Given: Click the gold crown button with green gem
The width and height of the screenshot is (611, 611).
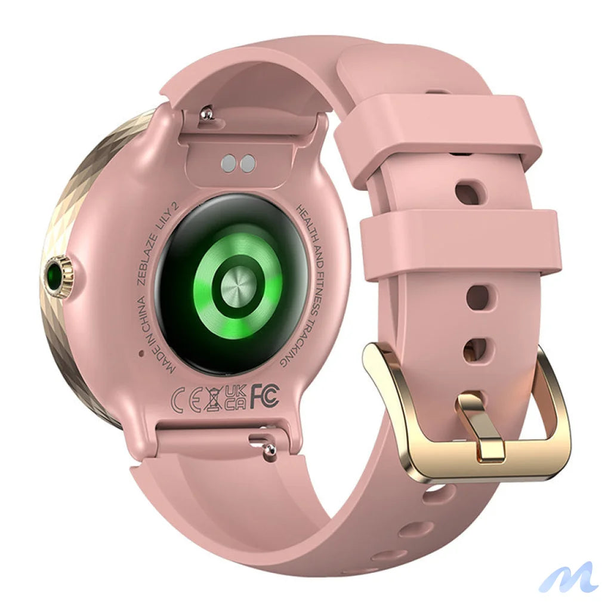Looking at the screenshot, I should (x=60, y=276).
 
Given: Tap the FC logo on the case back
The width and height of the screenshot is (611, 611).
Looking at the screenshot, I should (x=264, y=396).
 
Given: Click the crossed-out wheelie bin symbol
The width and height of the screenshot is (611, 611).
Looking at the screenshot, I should (x=212, y=399).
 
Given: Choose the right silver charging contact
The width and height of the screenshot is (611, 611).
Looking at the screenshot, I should (x=247, y=162).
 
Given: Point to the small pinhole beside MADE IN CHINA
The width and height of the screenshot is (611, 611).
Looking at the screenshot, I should (x=141, y=353).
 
